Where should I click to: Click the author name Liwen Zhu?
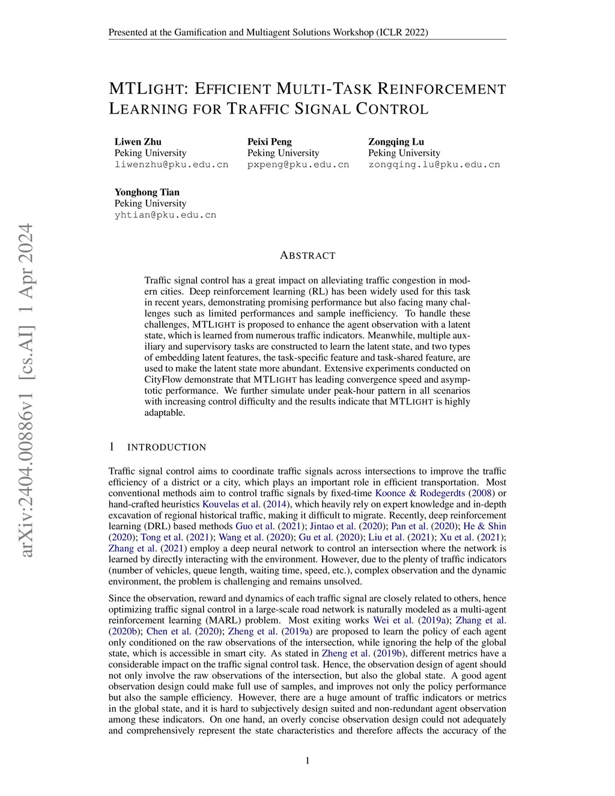[x=138, y=142]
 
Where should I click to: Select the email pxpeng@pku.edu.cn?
[x=298, y=164]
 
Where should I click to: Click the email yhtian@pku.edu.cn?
[x=165, y=214]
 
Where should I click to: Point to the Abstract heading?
[x=307, y=255]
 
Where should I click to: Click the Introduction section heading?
[x=166, y=447]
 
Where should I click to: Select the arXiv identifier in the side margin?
[x=26, y=390]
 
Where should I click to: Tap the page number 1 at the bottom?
[x=307, y=761]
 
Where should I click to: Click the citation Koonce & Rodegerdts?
[x=420, y=493]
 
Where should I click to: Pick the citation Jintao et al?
[x=330, y=526]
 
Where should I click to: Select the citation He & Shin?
[x=485, y=526]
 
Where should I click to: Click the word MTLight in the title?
[x=148, y=90]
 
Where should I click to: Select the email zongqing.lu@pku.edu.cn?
[x=434, y=164]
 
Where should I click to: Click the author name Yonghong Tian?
[x=147, y=192]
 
